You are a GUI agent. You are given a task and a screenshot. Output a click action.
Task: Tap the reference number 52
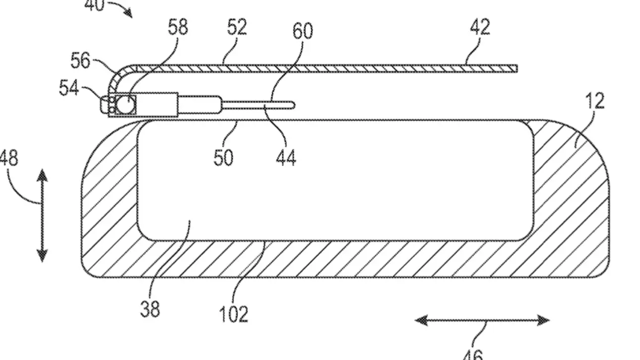click(237, 27)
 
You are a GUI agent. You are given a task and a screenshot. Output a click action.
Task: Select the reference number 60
click(302, 31)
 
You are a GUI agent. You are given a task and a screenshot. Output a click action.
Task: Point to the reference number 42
click(480, 27)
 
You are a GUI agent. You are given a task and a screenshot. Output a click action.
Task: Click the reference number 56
click(80, 60)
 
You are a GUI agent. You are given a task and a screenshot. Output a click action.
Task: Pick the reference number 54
click(69, 88)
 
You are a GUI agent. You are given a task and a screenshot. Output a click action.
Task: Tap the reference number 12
click(594, 101)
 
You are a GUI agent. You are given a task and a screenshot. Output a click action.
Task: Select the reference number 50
click(223, 157)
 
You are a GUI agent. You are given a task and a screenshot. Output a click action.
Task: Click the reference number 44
click(286, 158)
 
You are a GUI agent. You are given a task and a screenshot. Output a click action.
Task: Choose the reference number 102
click(234, 313)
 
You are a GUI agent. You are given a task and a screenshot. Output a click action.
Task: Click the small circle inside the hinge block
click(128, 104)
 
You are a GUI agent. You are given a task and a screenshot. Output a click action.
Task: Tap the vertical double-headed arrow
click(42, 215)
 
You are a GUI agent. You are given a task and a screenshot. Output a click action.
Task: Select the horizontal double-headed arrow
click(482, 321)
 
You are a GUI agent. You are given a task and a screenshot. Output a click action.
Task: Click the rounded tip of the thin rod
click(292, 105)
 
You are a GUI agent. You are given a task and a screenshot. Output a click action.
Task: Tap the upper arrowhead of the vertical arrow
click(42, 175)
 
